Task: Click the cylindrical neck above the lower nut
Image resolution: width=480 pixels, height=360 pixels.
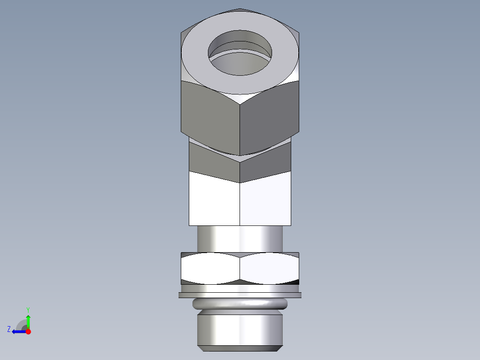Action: [x=240, y=239]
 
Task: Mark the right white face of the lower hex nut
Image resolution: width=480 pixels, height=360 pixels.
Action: [x=269, y=268]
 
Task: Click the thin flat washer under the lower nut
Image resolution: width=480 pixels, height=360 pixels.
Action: [x=240, y=295]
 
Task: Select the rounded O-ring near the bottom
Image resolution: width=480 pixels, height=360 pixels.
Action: [x=240, y=304]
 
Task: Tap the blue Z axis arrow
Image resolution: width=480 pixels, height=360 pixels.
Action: [x=18, y=331]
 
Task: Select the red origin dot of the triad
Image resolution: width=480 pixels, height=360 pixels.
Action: [x=28, y=331]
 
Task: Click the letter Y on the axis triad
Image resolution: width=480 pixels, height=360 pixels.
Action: [x=28, y=310]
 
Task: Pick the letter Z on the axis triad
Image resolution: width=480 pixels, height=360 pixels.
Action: [x=9, y=329]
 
